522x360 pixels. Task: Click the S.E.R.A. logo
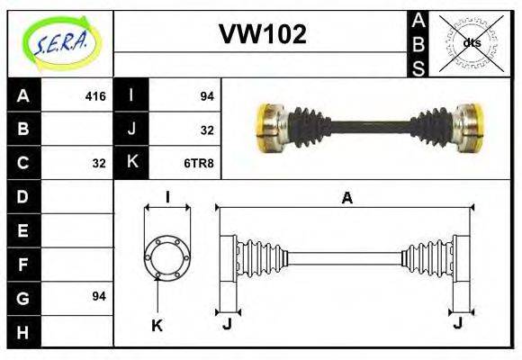60,42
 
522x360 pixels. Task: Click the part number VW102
263,35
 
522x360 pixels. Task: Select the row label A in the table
22,94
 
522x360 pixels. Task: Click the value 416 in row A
94,95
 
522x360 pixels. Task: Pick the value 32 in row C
98,163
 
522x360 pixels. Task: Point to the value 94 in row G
98,296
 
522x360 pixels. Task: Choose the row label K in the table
132,163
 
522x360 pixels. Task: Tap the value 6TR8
199,163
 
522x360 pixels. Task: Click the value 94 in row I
206,95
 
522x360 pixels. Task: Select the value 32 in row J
206,130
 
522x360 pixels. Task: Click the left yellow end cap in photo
266,129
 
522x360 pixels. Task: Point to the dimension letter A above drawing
346,199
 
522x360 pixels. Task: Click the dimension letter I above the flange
167,197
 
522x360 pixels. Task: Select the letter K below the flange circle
157,325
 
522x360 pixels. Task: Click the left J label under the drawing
227,325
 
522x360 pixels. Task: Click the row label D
22,195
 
